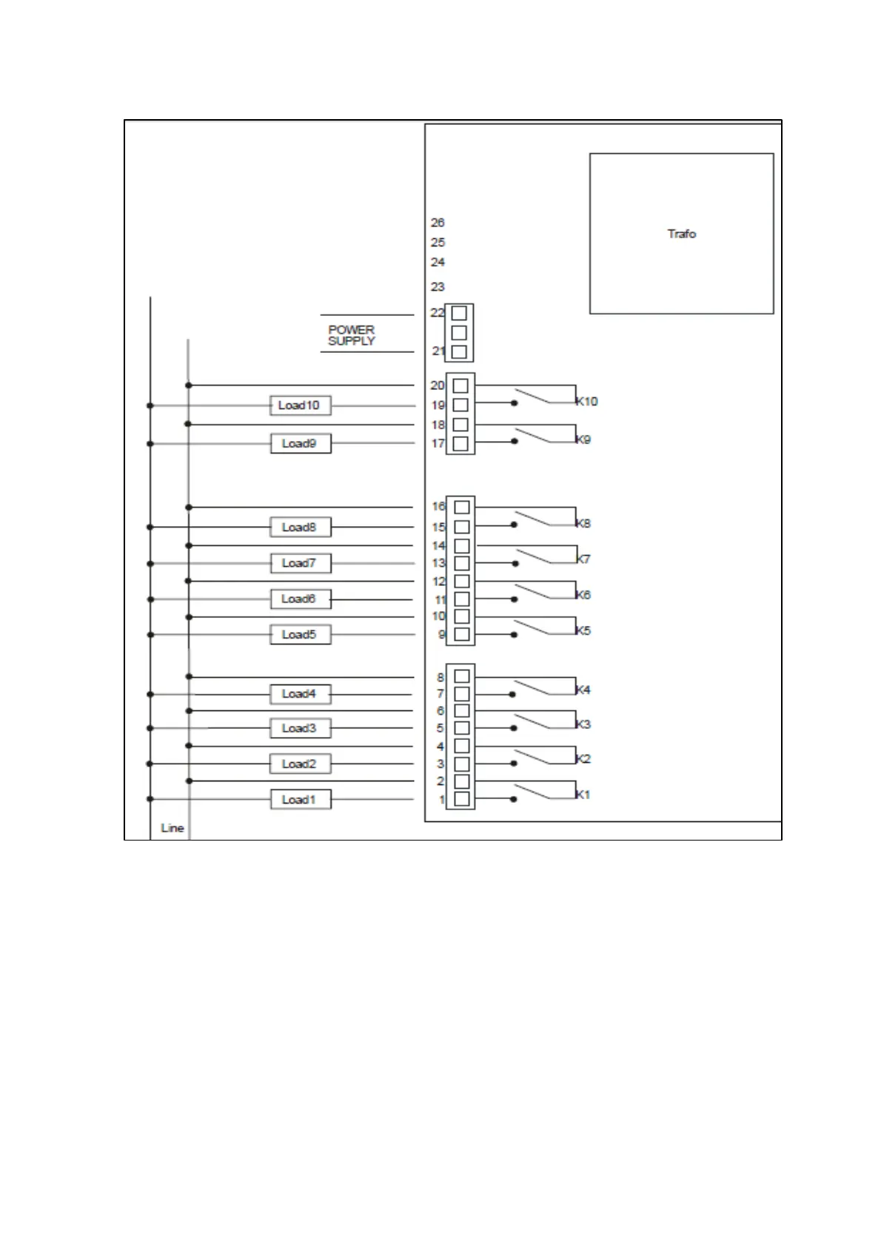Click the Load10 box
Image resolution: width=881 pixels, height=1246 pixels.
[x=299, y=405]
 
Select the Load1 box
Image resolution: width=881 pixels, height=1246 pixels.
[x=299, y=800]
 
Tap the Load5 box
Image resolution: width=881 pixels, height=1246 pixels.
[x=299, y=635]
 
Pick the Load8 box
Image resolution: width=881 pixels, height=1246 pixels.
[x=299, y=528]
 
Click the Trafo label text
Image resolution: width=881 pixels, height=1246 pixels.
[x=681, y=234]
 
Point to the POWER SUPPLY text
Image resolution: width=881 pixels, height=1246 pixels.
[x=352, y=335]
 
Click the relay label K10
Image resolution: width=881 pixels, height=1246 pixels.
[x=587, y=402]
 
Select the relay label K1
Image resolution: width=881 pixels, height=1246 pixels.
[x=583, y=795]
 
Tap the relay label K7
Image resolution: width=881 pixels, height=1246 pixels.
[x=583, y=559]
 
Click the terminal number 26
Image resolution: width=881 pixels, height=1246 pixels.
[x=438, y=223]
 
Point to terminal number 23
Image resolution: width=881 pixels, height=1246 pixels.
[x=438, y=287]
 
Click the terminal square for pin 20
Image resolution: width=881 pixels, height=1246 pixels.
[x=460, y=385]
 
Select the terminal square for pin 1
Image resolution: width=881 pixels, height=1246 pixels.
[x=461, y=799]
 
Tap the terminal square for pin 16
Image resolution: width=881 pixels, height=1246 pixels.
[x=462, y=508]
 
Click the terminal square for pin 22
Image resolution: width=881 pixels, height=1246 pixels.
[x=459, y=313]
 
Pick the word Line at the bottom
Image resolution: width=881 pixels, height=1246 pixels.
[x=172, y=828]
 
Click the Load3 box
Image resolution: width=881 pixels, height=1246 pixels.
[x=299, y=729]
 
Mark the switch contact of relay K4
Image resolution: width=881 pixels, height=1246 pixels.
[x=532, y=687]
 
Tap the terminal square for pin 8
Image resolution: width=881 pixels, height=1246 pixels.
[x=462, y=676]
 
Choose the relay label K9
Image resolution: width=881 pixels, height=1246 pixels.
[x=583, y=440]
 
